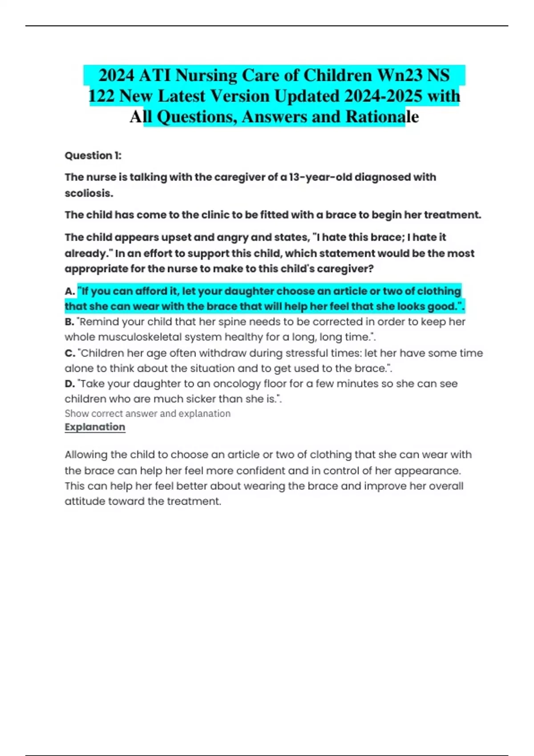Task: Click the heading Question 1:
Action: pyautogui.click(x=93, y=156)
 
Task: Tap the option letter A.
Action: pyautogui.click(x=69, y=291)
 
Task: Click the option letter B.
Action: pyautogui.click(x=69, y=322)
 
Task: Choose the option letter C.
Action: pyautogui.click(x=69, y=353)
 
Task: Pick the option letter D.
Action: pyautogui.click(x=69, y=384)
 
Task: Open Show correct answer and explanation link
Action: pyautogui.click(x=147, y=414)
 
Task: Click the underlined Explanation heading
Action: pyautogui.click(x=95, y=427)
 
